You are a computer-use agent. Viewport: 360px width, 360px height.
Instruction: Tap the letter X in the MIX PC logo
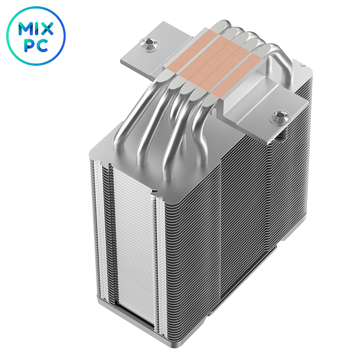pyautogui.click(x=46, y=29)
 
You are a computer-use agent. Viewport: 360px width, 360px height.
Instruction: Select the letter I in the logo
pyautogui.click(x=36, y=29)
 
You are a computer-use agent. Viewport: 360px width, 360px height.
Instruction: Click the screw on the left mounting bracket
pyautogui.click(x=147, y=43)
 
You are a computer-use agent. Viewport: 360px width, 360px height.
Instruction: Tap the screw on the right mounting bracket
pyautogui.click(x=278, y=117)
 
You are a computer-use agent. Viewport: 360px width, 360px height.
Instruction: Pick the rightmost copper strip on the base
pyautogui.click(x=237, y=78)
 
